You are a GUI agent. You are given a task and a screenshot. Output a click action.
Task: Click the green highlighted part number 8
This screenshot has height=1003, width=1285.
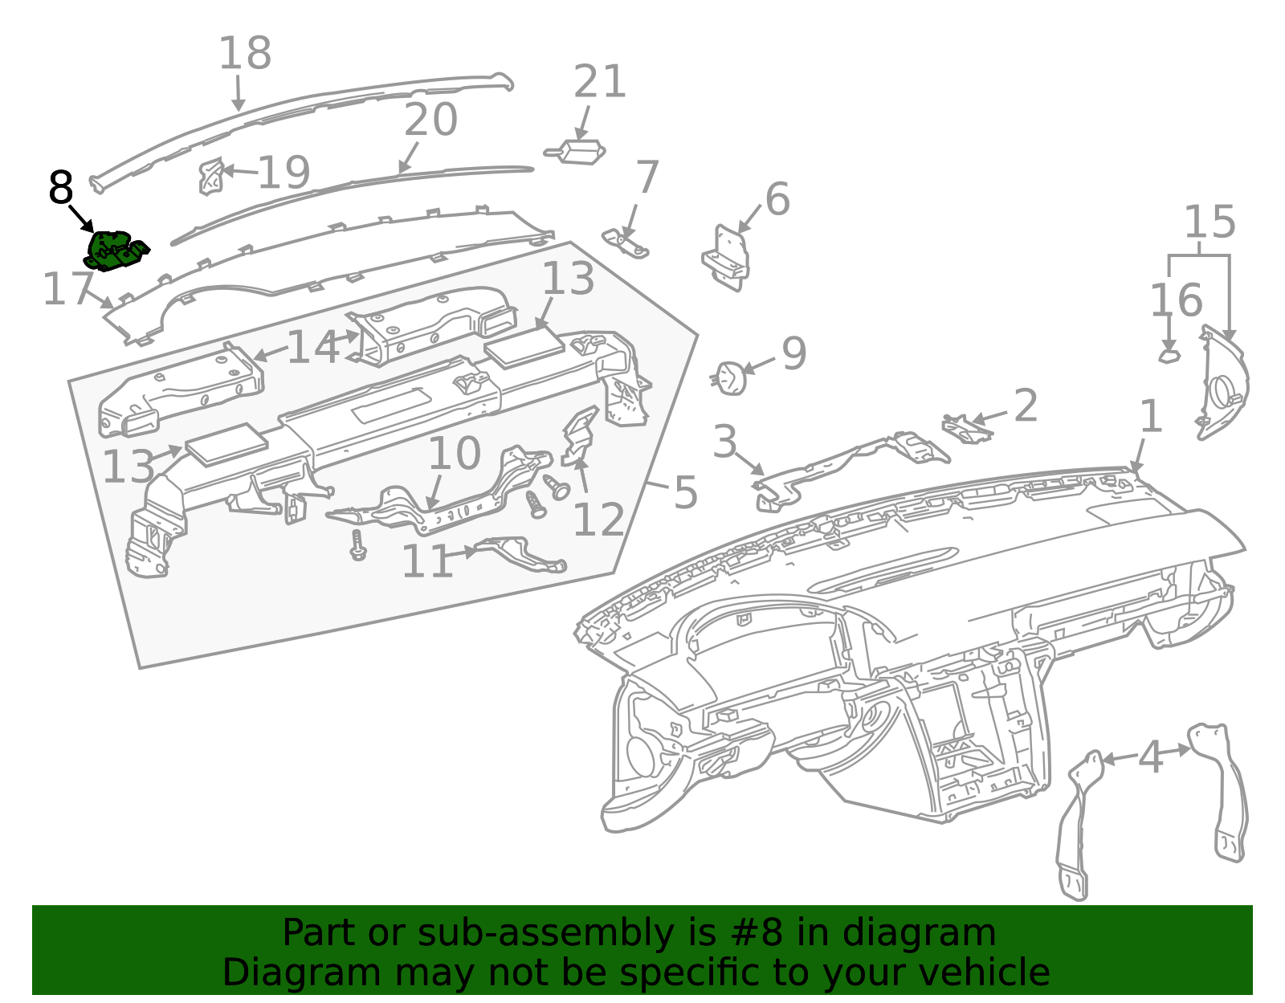point(116,251)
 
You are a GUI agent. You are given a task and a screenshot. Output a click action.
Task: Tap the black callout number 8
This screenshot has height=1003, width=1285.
point(61,187)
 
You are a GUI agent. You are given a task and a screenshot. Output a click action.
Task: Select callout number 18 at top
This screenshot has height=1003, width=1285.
point(246,53)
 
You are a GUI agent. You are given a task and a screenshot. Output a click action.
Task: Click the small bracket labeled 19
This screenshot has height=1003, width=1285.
point(210,176)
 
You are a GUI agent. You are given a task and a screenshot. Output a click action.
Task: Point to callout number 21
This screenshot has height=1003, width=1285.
point(600,81)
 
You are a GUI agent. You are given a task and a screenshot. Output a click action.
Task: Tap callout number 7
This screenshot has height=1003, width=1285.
point(647,177)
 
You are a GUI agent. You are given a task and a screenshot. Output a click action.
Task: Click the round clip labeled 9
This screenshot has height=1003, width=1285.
point(730,378)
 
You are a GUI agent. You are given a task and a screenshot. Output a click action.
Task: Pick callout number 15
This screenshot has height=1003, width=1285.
point(1210,222)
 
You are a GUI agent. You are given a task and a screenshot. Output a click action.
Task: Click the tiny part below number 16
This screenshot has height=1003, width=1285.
point(1169,357)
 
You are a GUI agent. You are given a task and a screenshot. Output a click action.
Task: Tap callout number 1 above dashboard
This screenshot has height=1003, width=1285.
point(1151,417)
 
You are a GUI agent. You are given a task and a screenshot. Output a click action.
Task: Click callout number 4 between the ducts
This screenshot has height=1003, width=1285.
point(1151,757)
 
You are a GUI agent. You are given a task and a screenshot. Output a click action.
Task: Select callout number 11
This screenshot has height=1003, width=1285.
point(427,561)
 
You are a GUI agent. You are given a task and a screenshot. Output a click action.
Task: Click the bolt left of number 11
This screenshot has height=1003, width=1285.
point(357,545)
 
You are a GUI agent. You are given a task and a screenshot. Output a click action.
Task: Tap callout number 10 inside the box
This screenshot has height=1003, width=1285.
point(454,454)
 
